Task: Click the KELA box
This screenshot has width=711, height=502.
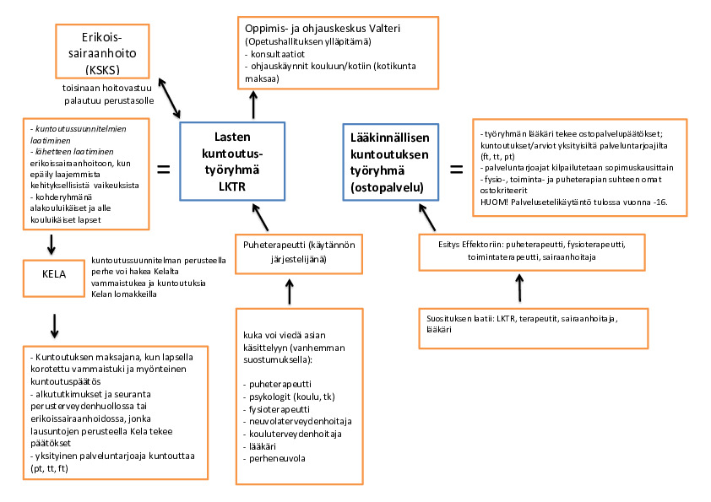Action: [x=52, y=278]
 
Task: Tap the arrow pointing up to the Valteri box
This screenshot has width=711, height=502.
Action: [x=251, y=105]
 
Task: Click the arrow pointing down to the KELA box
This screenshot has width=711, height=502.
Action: [x=52, y=244]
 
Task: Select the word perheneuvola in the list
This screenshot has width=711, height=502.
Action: [x=273, y=459]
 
